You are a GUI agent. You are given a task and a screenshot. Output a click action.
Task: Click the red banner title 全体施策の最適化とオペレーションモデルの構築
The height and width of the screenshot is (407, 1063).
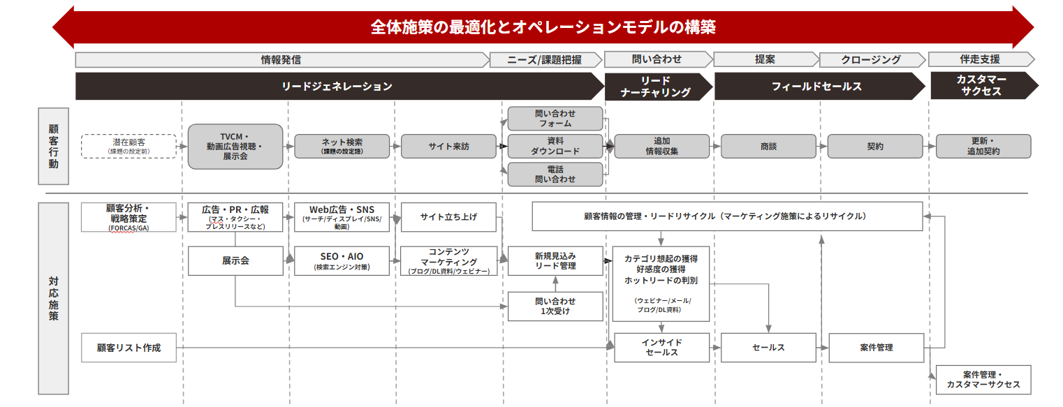point(543,27)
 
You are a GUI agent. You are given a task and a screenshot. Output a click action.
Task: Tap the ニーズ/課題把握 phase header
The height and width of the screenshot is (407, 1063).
point(545,60)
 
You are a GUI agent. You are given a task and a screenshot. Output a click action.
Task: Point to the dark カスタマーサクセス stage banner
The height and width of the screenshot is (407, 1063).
point(981,86)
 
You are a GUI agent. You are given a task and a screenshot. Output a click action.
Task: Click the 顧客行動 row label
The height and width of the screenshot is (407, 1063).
point(54,146)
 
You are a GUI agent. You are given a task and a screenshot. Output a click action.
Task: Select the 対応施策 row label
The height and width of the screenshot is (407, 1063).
point(54,298)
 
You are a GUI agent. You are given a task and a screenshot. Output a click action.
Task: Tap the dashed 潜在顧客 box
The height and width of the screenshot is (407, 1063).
point(129,146)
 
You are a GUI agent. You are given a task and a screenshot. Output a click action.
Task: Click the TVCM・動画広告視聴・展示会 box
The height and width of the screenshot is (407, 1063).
point(235,147)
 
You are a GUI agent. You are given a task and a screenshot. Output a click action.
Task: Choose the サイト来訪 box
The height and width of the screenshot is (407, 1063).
point(448,147)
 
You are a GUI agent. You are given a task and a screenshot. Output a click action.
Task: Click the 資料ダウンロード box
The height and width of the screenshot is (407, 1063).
point(555,146)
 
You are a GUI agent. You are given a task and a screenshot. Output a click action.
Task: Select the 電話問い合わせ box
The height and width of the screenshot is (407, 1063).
point(555,175)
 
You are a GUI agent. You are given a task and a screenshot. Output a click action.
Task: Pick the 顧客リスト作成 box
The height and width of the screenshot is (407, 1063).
point(129,348)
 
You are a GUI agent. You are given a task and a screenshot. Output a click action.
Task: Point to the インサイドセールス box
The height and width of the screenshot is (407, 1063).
point(661,348)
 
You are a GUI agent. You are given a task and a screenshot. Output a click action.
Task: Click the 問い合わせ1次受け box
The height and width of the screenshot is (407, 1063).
point(555,306)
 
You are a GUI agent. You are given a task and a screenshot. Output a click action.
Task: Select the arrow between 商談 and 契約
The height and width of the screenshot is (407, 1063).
point(821,147)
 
